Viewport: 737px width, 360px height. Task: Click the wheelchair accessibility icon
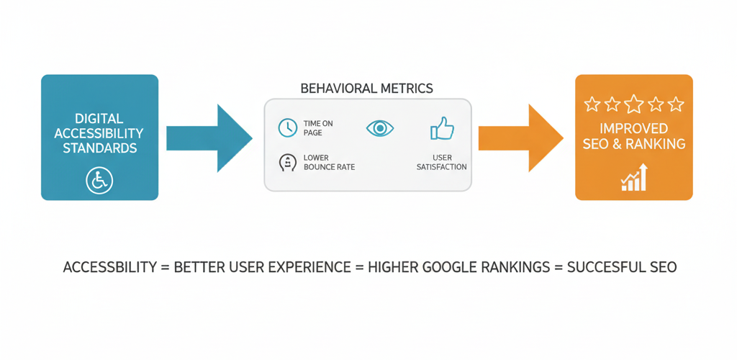point(99,181)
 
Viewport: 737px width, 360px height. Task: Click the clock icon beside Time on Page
point(287,128)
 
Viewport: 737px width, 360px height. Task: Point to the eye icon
point(379,128)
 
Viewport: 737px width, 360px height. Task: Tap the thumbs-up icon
point(441,129)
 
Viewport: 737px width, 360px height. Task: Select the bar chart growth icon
point(634,178)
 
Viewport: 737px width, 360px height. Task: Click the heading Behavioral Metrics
point(366,89)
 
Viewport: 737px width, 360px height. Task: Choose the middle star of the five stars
point(633,105)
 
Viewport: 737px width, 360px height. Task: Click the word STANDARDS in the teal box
point(99,149)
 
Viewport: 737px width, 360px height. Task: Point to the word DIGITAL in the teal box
point(99,118)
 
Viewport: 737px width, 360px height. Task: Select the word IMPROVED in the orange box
point(633,129)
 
